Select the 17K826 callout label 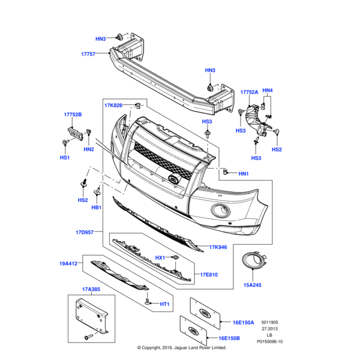pyautogui.click(x=113, y=106)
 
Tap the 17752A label pyautogui.click(x=249, y=92)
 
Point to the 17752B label pyautogui.click(x=73, y=115)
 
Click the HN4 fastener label pyautogui.click(x=268, y=91)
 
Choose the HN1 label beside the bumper pyautogui.click(x=243, y=174)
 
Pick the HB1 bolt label pyautogui.click(x=96, y=208)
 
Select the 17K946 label pyautogui.click(x=219, y=247)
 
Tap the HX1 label pyautogui.click(x=160, y=257)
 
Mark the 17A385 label pyautogui.click(x=91, y=289)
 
